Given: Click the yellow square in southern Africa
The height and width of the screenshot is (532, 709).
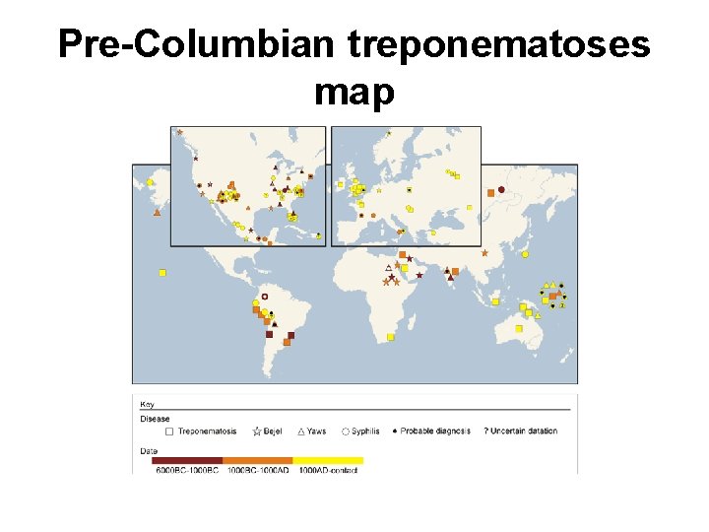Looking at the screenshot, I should (x=391, y=337).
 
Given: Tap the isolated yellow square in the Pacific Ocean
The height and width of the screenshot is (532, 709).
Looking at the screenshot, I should (x=162, y=273).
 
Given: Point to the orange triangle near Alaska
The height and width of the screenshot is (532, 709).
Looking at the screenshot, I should (x=156, y=211).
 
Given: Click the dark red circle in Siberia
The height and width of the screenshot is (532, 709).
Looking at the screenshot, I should (x=501, y=189).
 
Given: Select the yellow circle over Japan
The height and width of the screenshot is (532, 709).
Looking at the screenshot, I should (x=525, y=254).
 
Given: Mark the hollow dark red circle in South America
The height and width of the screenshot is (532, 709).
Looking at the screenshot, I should (x=264, y=296).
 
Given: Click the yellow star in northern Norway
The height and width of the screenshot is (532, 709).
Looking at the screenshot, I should (x=389, y=132).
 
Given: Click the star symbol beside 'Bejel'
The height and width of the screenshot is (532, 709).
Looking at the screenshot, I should (x=257, y=431).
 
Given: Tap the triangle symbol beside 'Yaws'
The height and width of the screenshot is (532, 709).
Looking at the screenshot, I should (x=300, y=431).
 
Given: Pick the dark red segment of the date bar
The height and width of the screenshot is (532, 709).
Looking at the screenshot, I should (x=187, y=459).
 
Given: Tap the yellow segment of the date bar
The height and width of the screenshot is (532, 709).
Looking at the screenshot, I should (x=328, y=459).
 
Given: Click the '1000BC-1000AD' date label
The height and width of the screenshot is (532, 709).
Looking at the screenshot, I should (x=258, y=470).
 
